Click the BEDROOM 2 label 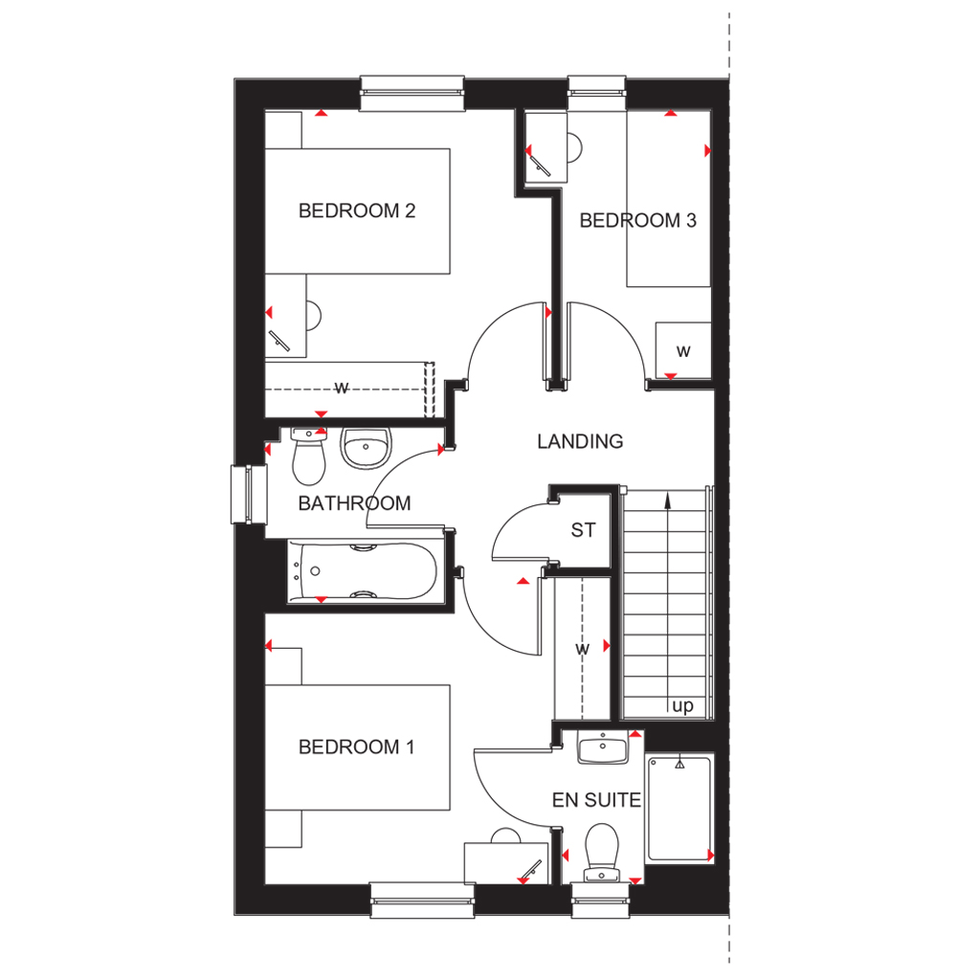[x=357, y=211]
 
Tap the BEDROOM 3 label [x=637, y=220]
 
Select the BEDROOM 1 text [x=356, y=746]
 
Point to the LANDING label [x=580, y=441]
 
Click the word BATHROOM [x=354, y=503]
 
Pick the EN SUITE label [x=596, y=800]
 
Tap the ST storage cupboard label [x=583, y=530]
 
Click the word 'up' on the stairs [x=682, y=705]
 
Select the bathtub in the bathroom [x=363, y=571]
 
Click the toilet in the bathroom [x=309, y=457]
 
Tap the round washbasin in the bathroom [x=366, y=448]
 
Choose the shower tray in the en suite [x=679, y=808]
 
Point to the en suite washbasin [x=603, y=747]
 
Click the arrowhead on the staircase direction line [x=668, y=500]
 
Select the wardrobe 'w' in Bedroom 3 [x=683, y=351]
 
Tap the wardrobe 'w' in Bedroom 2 [x=342, y=389]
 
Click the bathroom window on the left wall [x=249, y=494]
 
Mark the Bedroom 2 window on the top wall [x=412, y=94]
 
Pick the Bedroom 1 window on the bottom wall [x=422, y=900]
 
